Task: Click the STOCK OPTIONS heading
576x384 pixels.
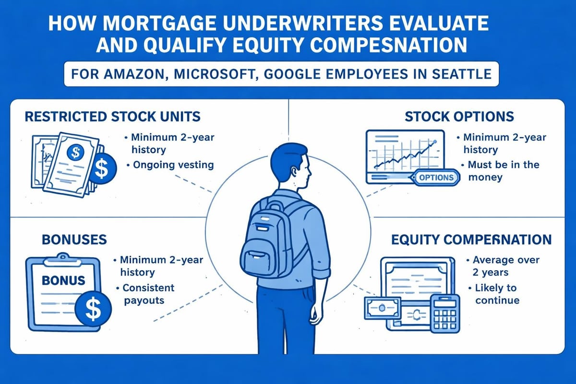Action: point(459,117)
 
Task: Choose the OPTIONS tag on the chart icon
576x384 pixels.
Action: point(436,177)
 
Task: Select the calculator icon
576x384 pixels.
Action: point(444,312)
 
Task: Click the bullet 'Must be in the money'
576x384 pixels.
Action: point(499,171)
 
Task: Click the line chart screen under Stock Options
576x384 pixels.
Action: point(404,155)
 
